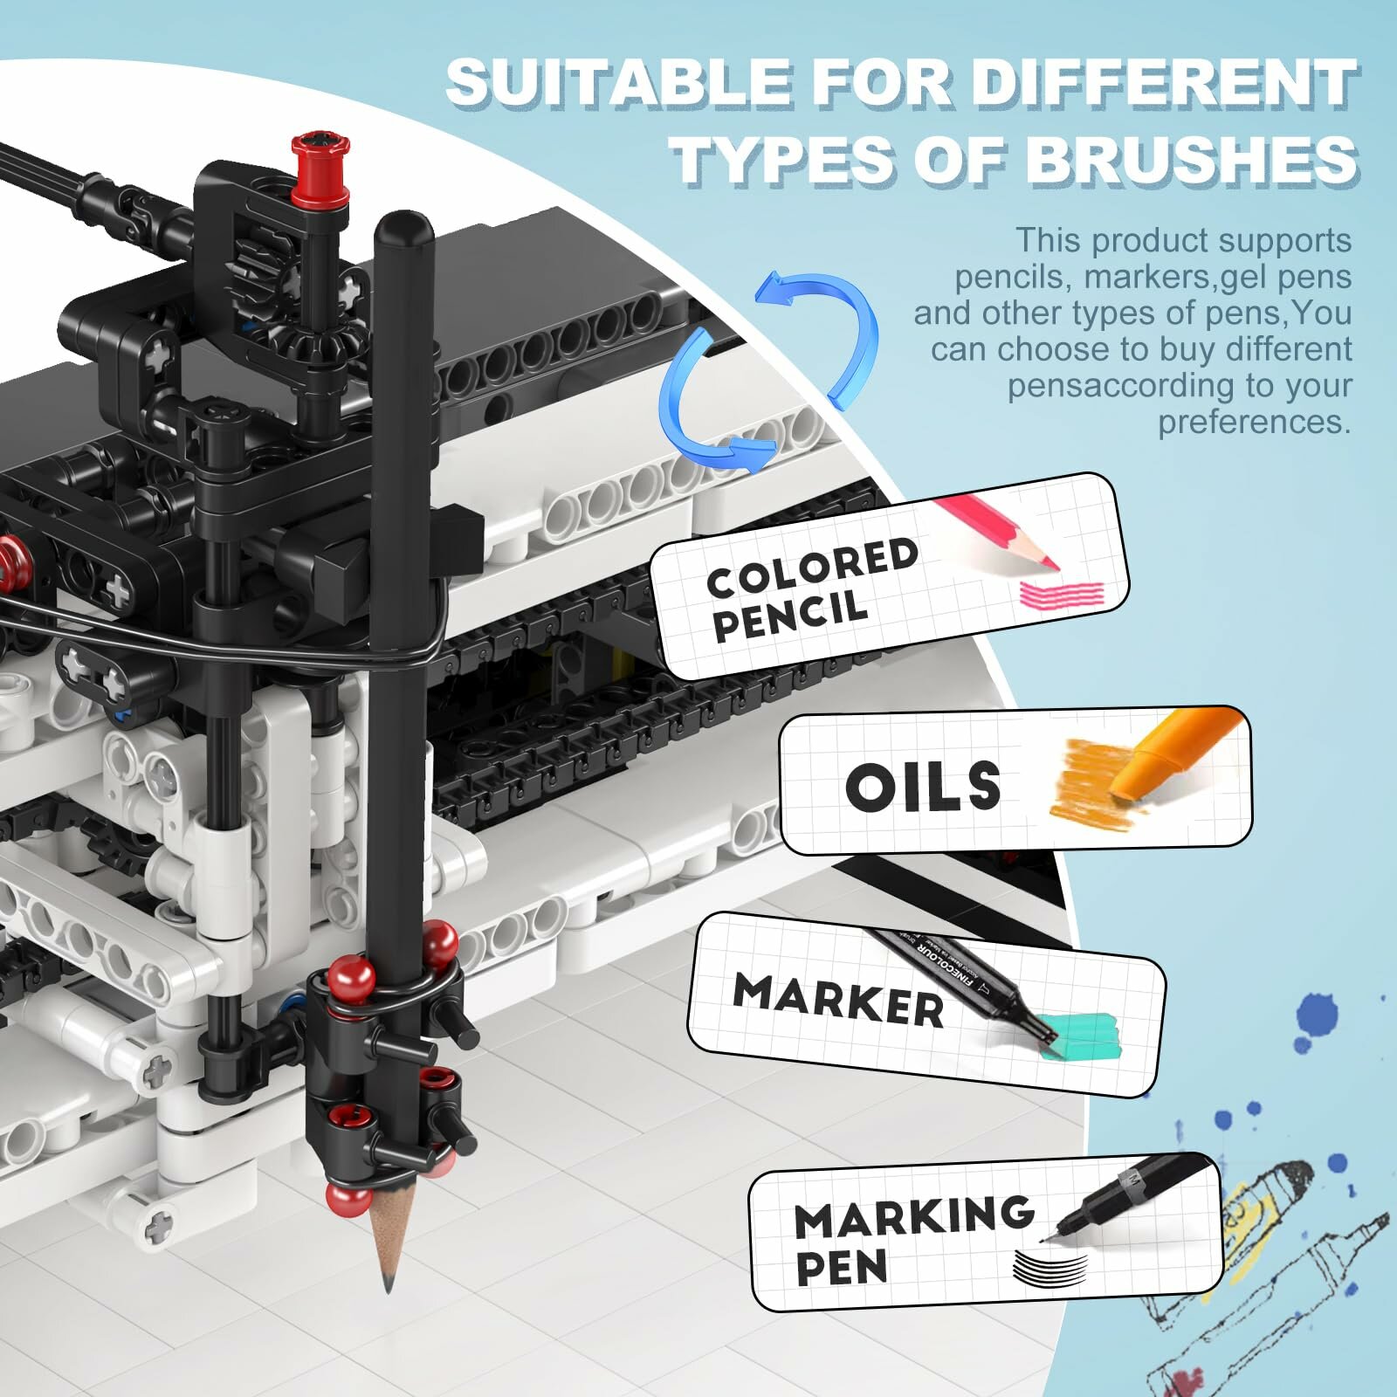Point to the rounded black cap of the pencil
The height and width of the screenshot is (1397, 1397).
[403, 229]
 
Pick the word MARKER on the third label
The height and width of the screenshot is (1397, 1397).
[838, 1000]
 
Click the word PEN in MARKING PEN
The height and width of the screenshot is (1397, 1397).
[841, 1267]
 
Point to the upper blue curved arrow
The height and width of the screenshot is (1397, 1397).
[821, 332]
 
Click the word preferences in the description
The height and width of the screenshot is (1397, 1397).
[1254, 423]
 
